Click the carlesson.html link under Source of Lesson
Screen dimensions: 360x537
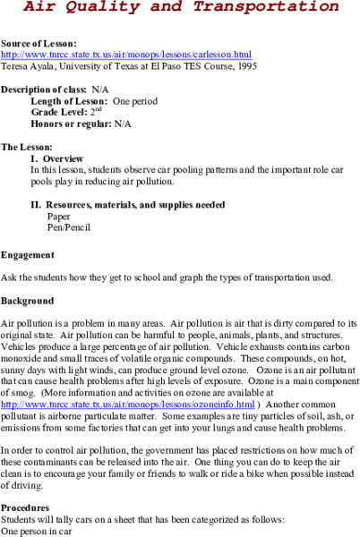pyautogui.click(x=126, y=54)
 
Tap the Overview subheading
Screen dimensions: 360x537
pyautogui.click(x=65, y=158)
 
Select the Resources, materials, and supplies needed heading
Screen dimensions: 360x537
pyautogui.click(x=126, y=204)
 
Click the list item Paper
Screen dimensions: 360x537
pyautogui.click(x=59, y=216)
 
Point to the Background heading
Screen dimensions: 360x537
pyautogui.click(x=28, y=301)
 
